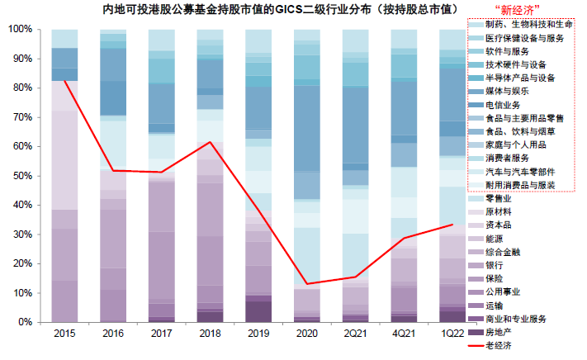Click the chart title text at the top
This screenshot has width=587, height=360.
(280, 10)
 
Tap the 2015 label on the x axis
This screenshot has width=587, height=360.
(64, 334)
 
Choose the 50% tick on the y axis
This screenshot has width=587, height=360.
(23, 176)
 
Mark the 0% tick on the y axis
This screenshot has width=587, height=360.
(26, 322)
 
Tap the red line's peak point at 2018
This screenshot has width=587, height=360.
(210, 142)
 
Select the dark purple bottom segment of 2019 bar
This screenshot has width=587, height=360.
(258, 311)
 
